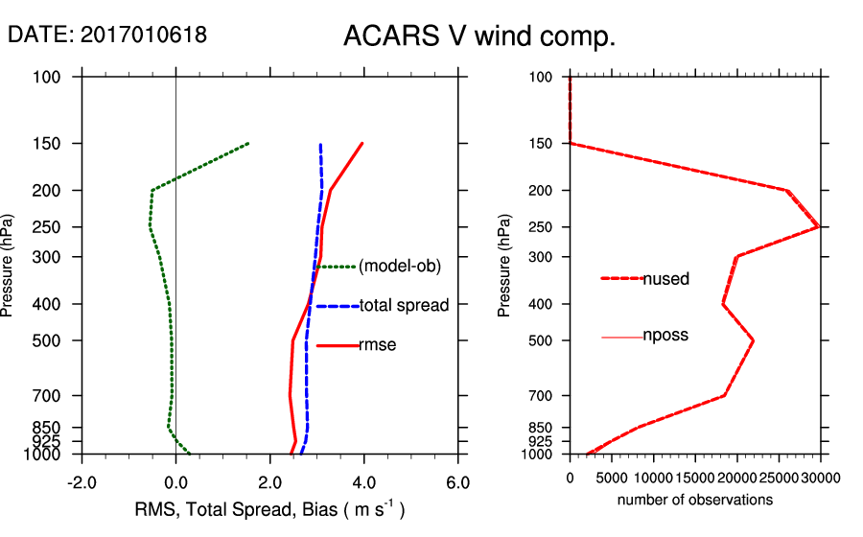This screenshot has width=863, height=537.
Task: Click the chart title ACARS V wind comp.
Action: tap(478, 37)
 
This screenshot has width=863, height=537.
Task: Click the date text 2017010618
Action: tap(144, 35)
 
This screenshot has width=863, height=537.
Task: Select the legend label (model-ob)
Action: tap(400, 267)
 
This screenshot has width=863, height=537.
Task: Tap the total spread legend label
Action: tap(404, 306)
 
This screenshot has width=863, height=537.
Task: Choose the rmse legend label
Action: tap(377, 345)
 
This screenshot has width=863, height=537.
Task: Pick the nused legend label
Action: tap(666, 279)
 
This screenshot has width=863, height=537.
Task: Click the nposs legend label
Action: tap(666, 336)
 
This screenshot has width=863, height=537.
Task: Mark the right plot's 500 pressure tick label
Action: tap(542, 340)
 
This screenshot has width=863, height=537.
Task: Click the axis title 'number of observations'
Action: tap(694, 500)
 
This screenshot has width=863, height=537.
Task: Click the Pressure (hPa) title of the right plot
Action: tap(504, 266)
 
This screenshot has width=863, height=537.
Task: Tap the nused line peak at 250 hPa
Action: tap(818, 226)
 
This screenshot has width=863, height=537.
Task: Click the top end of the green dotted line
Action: tap(248, 144)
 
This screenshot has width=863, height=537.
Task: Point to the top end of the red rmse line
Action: tap(362, 144)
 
